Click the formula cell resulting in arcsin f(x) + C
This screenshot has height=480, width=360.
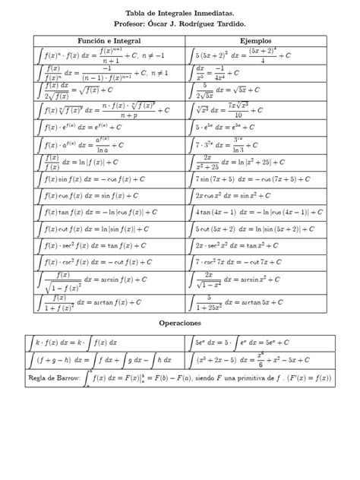[100, 279]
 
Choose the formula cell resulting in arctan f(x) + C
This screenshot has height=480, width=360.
[100, 302]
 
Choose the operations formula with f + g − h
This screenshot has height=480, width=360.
[100, 358]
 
